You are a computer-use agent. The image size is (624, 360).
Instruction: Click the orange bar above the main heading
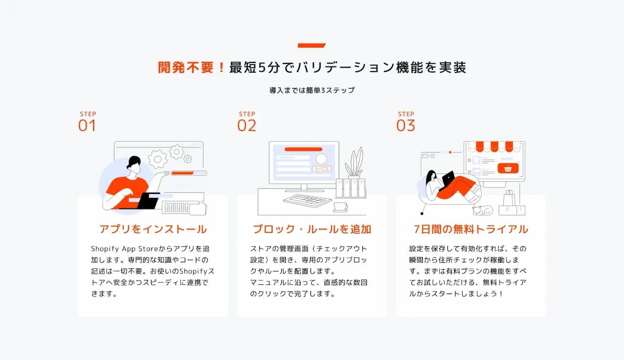311,45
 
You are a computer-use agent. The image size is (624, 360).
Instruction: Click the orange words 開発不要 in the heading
186,67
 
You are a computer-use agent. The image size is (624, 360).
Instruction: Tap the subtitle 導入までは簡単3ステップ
312,90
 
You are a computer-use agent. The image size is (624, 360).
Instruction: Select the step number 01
87,126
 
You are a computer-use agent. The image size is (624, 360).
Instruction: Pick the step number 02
247,126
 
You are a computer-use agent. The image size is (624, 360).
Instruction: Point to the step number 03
406,126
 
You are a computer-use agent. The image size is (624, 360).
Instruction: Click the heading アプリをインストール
153,229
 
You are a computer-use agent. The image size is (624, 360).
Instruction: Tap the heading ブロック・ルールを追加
312,229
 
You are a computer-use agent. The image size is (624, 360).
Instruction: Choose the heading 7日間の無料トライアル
471,229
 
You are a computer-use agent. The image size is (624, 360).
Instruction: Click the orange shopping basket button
508,168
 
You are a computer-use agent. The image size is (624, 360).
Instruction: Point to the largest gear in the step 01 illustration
158,159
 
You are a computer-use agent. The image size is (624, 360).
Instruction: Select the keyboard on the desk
307,200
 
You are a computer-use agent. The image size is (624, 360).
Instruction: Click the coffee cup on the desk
340,207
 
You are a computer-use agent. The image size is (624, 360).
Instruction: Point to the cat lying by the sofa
483,210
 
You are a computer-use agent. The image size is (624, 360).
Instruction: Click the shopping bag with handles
509,198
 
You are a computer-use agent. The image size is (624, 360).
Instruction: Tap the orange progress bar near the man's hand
183,173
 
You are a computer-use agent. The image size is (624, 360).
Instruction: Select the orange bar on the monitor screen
303,149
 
